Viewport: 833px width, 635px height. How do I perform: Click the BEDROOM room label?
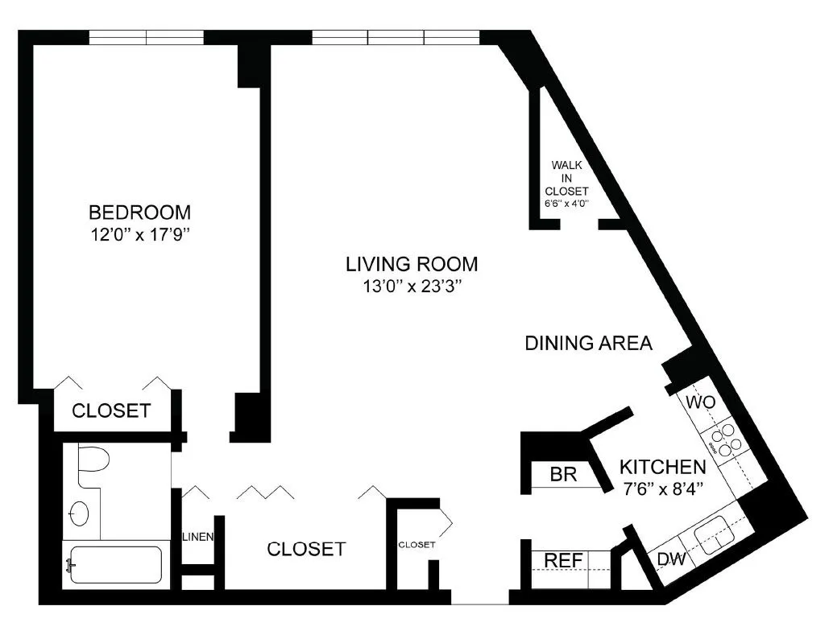pyautogui.click(x=140, y=212)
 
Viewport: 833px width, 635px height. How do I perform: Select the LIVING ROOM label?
pyautogui.click(x=412, y=263)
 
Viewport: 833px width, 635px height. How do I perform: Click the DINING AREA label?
pyautogui.click(x=588, y=343)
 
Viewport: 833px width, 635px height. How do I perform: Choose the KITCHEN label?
pyautogui.click(x=662, y=466)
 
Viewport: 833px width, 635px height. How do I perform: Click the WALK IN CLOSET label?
pyautogui.click(x=567, y=178)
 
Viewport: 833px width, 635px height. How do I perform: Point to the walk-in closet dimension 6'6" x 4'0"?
pyautogui.click(x=567, y=204)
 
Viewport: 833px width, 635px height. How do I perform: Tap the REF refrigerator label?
pyautogui.click(x=563, y=559)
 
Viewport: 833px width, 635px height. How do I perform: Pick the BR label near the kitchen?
pyautogui.click(x=563, y=475)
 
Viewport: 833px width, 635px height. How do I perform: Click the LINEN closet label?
pyautogui.click(x=197, y=537)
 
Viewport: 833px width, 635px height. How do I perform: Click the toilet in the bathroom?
pyautogui.click(x=93, y=463)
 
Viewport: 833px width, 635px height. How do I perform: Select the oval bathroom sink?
pyautogui.click(x=81, y=513)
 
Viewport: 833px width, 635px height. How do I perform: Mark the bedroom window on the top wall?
pyautogui.click(x=146, y=37)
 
